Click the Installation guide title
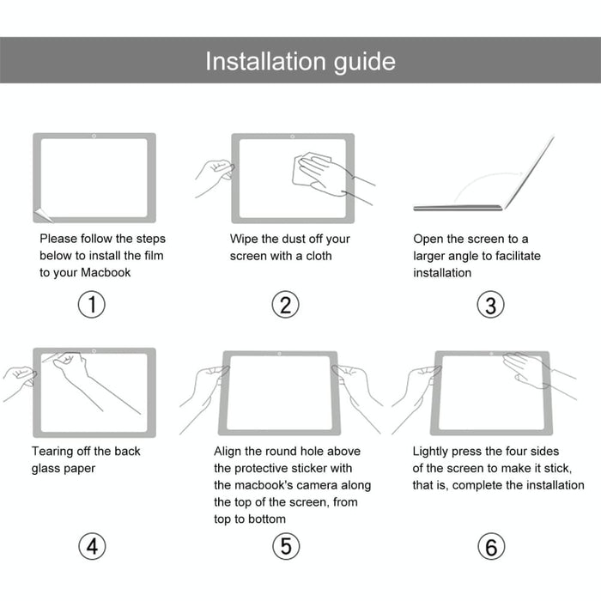tap(300, 61)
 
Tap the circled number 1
tap(92, 305)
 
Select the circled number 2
tap(286, 305)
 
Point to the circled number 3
tap(490, 305)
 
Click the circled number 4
tap(92, 547)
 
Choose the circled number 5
tap(286, 547)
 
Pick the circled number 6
tap(490, 547)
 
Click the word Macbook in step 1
tap(106, 272)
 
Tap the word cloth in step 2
tap(317, 256)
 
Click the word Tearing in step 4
tap(54, 451)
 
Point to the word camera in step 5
tap(326, 485)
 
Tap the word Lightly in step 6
tap(434, 451)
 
